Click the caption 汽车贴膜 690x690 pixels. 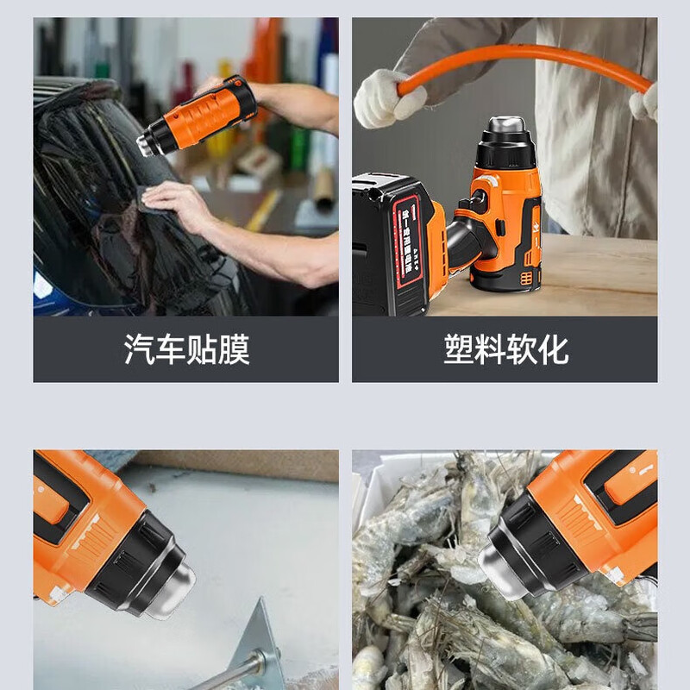[x=186, y=349]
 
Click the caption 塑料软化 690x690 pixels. [x=505, y=349]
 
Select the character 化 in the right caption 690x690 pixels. [x=553, y=349]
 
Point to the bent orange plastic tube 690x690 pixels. [x=526, y=62]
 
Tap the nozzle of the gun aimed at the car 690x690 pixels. [x=148, y=143]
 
